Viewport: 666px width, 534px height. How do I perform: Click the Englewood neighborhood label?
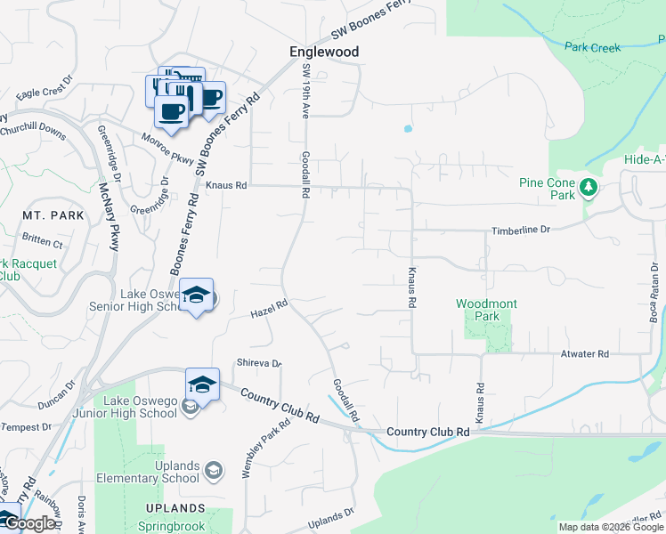(x=324, y=52)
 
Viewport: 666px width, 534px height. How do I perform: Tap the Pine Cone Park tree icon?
(x=588, y=187)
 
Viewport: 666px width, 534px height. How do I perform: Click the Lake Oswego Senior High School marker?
(x=197, y=296)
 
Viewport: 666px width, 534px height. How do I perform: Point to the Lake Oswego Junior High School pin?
(x=202, y=385)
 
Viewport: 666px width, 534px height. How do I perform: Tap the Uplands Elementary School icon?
(x=213, y=469)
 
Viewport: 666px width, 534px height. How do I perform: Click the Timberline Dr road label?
(x=521, y=230)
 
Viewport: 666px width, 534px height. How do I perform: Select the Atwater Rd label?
(x=584, y=353)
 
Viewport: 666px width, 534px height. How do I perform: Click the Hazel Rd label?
(x=269, y=309)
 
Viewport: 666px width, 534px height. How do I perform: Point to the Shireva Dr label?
(x=259, y=363)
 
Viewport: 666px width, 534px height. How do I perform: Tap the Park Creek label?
(x=592, y=47)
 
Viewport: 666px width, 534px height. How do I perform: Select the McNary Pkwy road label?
(x=110, y=218)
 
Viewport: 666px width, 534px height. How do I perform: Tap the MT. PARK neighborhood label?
(x=53, y=215)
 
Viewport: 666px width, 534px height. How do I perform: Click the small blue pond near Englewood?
(x=408, y=128)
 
